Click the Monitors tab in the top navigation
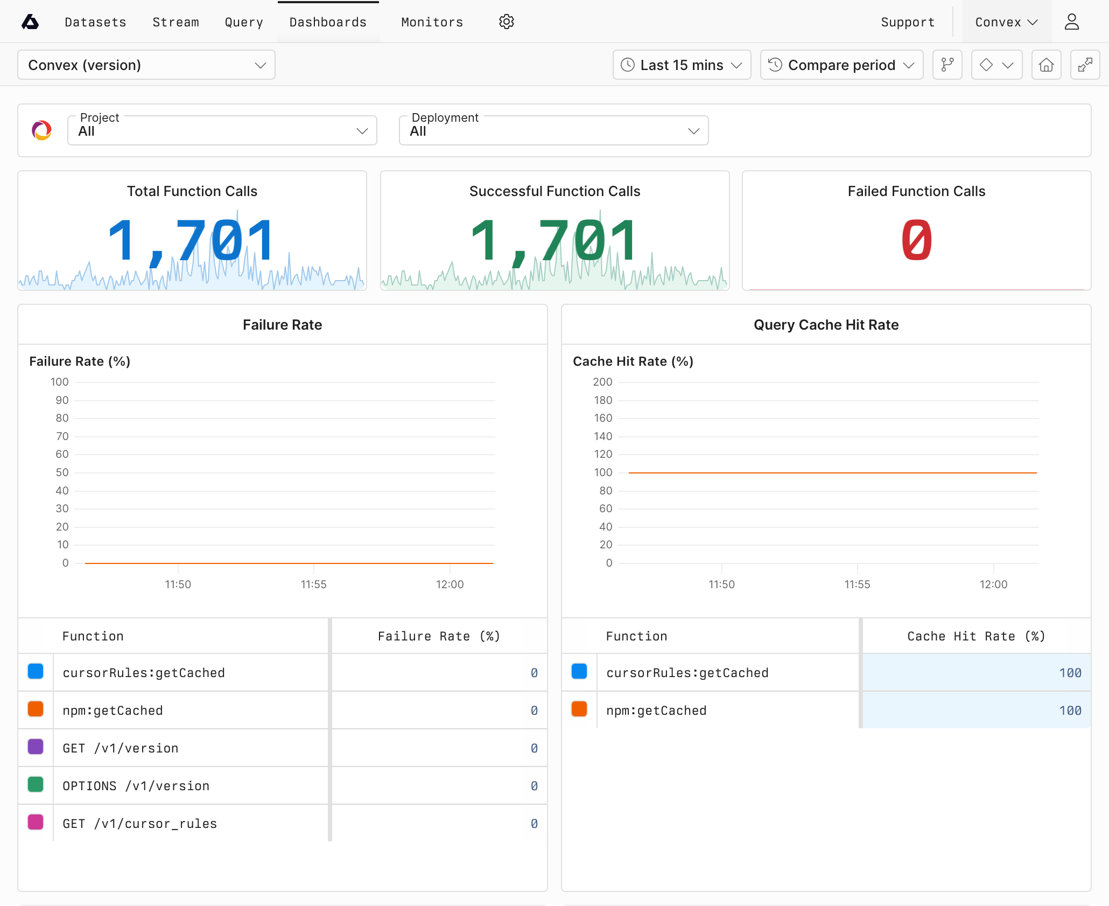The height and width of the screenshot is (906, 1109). pyautogui.click(x=432, y=22)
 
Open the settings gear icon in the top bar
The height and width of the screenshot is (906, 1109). pyautogui.click(x=506, y=22)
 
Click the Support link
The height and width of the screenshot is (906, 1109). pyautogui.click(x=907, y=22)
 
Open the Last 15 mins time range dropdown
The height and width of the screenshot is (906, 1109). pyautogui.click(x=682, y=65)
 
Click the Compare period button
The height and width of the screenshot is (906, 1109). pyautogui.click(x=841, y=65)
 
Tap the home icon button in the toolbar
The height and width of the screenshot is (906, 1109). pyautogui.click(x=1046, y=65)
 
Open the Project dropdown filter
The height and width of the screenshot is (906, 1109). pyautogui.click(x=222, y=130)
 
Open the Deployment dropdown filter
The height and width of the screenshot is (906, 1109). pyautogui.click(x=553, y=130)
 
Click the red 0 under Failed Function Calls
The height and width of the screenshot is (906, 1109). pyautogui.click(x=916, y=240)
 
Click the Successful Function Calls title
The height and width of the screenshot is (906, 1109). pyautogui.click(x=554, y=191)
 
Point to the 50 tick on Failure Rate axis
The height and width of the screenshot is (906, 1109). pyautogui.click(x=62, y=472)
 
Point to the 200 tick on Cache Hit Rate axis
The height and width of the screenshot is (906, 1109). pyautogui.click(x=602, y=382)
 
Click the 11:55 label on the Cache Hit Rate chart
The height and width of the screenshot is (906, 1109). pyautogui.click(x=857, y=584)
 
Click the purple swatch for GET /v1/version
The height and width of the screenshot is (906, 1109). pyautogui.click(x=36, y=747)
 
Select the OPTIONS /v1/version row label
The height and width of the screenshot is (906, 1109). pyautogui.click(x=136, y=786)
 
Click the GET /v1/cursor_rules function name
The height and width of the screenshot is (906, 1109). pyautogui.click(x=139, y=824)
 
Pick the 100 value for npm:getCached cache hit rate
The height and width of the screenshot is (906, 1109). pyautogui.click(x=1070, y=710)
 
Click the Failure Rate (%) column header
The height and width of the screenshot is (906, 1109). pyautogui.click(x=439, y=636)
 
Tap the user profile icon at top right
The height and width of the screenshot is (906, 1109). pyautogui.click(x=1071, y=22)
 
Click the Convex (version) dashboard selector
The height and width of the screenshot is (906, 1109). pyautogui.click(x=146, y=65)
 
